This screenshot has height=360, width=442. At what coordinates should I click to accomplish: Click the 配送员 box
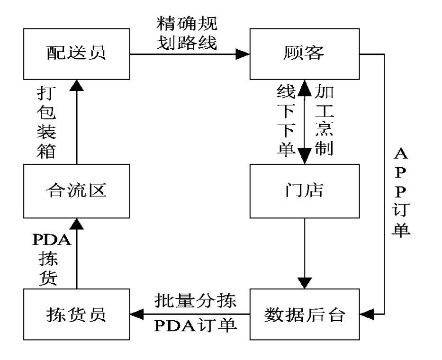(x=76, y=54)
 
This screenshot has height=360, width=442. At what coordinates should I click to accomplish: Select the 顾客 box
(x=305, y=54)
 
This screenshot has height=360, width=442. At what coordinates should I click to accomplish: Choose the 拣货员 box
(x=76, y=315)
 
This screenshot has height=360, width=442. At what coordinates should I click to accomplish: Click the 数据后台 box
(x=305, y=315)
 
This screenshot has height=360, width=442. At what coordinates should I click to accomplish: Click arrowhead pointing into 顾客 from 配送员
(x=243, y=54)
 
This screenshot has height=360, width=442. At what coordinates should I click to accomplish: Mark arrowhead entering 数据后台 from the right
(x=367, y=314)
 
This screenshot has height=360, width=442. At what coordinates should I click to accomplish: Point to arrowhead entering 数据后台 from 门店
(x=304, y=283)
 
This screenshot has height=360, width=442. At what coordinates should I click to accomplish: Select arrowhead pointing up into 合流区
(x=76, y=223)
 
